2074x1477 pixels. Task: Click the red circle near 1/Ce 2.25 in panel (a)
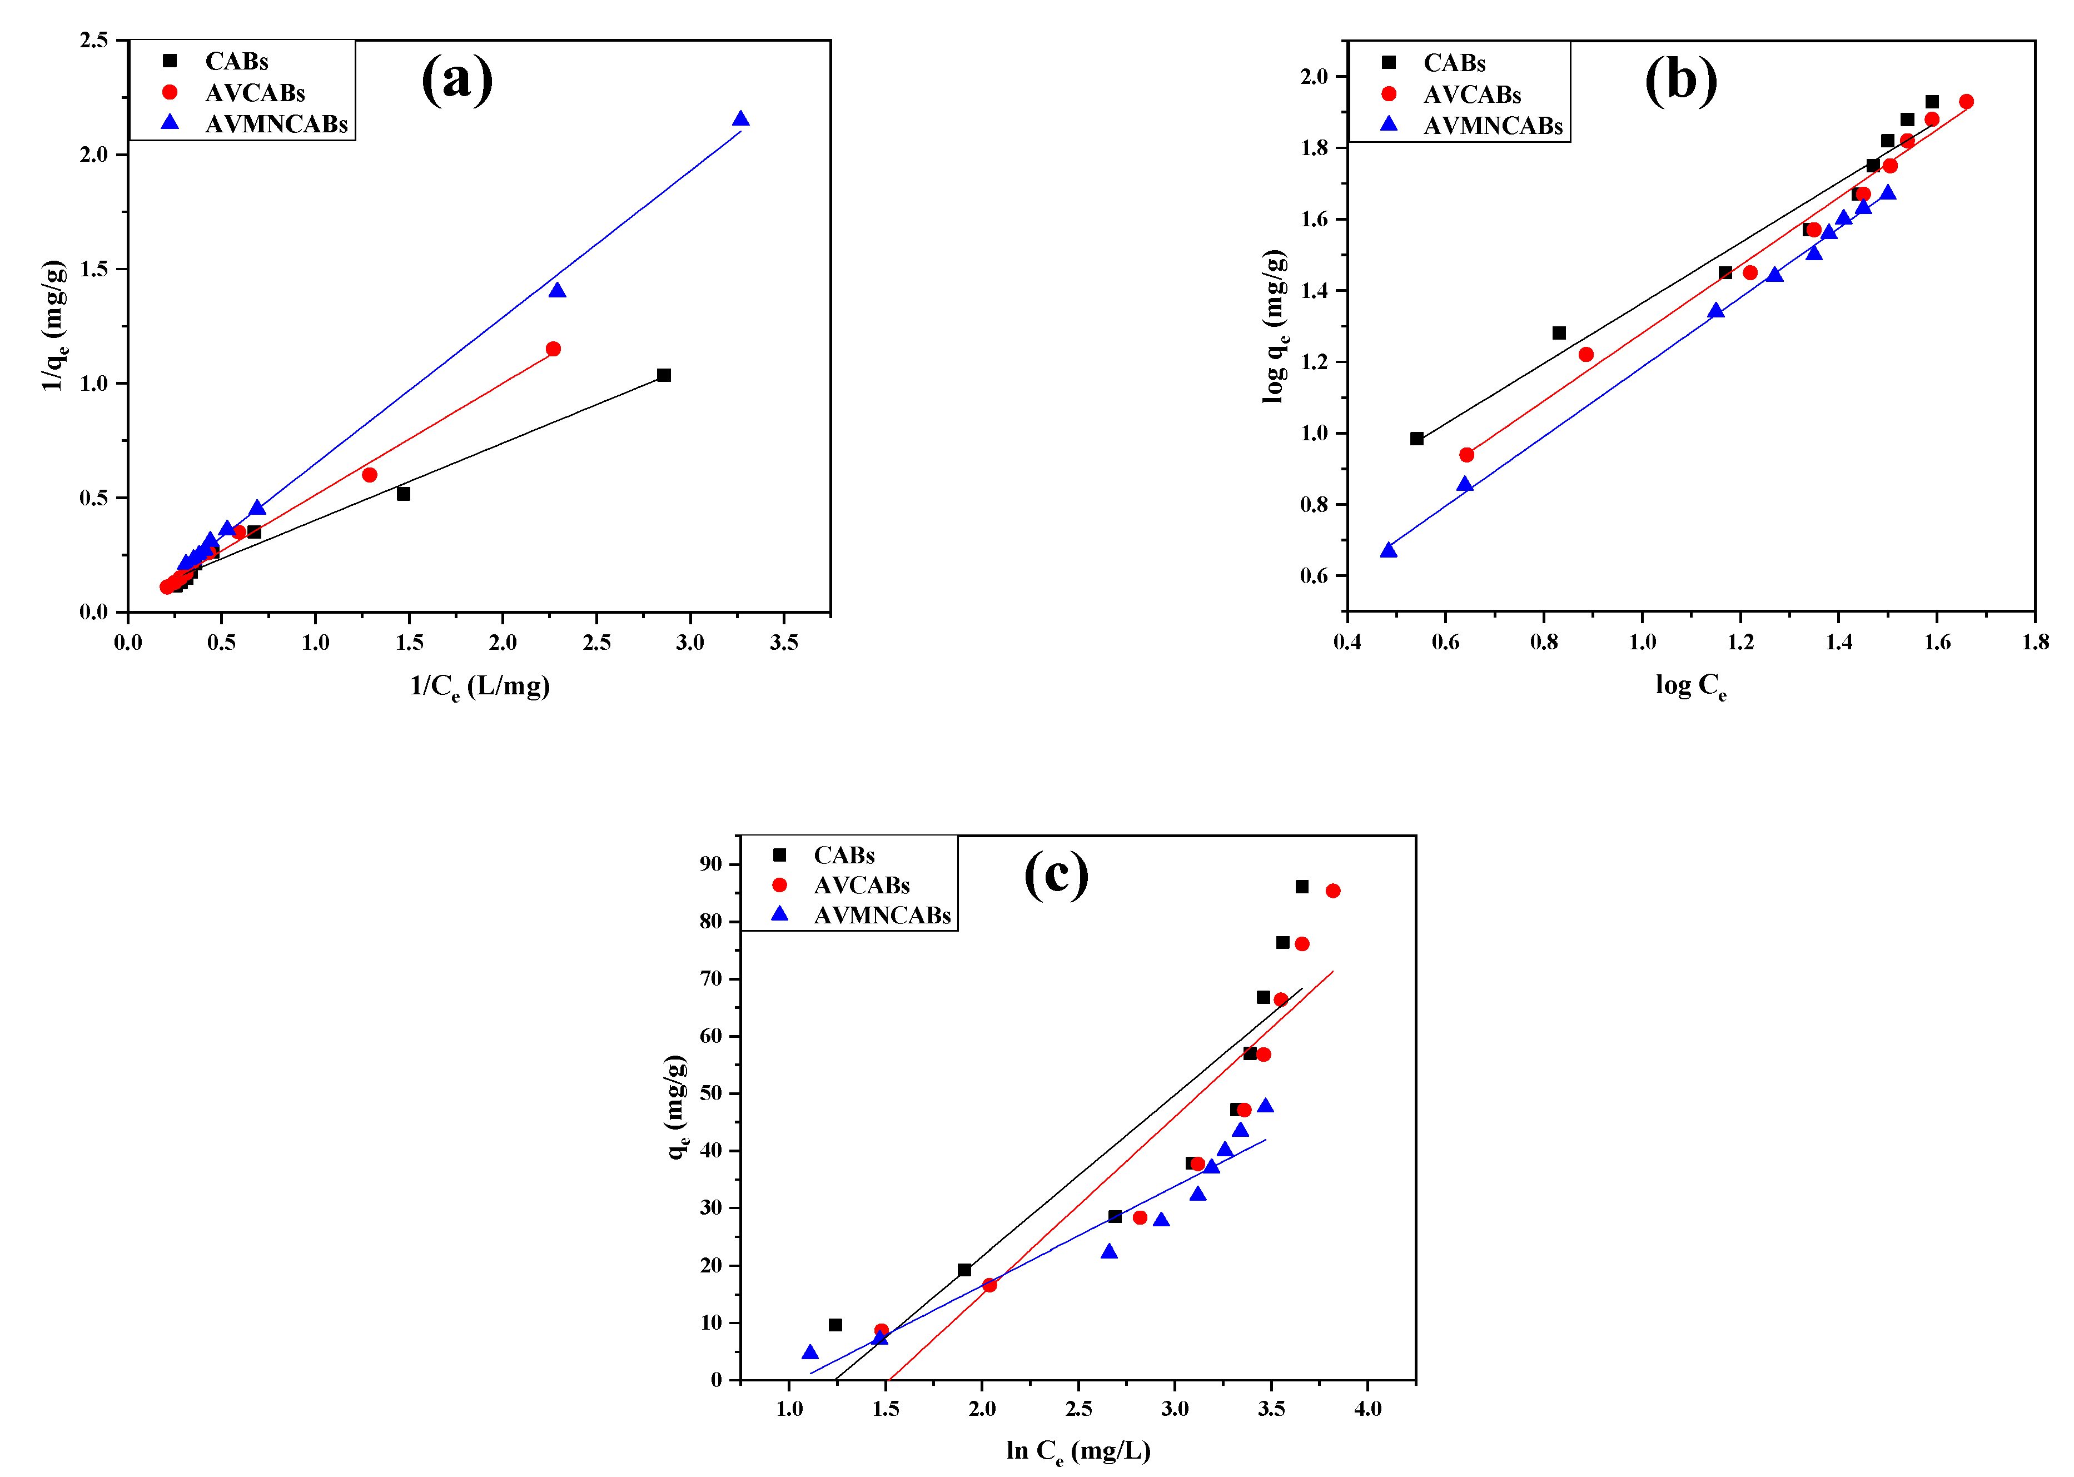(x=553, y=349)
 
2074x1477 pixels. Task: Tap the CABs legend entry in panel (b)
(x=1454, y=63)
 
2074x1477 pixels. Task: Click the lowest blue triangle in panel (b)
(x=1389, y=550)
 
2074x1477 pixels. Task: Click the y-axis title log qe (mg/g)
(x=1276, y=326)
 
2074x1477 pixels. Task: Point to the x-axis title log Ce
(x=1690, y=686)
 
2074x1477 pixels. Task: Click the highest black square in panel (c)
(x=1302, y=887)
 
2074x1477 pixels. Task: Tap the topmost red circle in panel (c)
(x=1333, y=891)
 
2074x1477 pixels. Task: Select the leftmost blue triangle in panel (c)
(x=810, y=1352)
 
